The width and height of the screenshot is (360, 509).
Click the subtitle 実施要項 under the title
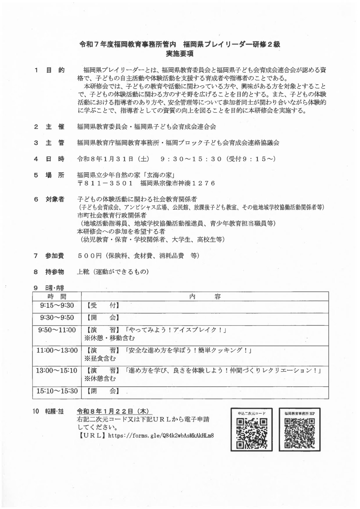(x=180, y=54)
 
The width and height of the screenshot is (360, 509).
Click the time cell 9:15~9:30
(x=57, y=305)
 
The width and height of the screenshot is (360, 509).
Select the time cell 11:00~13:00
(x=57, y=350)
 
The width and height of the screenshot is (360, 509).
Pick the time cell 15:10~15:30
(x=57, y=391)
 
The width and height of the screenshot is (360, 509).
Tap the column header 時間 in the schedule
(x=57, y=296)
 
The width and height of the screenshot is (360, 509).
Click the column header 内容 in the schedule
(x=205, y=296)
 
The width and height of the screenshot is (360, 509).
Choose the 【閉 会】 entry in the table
(x=103, y=391)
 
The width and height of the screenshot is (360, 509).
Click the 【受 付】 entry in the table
(x=103, y=305)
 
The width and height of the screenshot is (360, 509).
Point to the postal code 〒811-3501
(x=105, y=183)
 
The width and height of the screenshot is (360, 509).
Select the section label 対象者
(x=55, y=199)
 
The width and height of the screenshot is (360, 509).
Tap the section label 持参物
(x=55, y=272)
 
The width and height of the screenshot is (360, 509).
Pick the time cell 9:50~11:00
(x=57, y=330)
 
